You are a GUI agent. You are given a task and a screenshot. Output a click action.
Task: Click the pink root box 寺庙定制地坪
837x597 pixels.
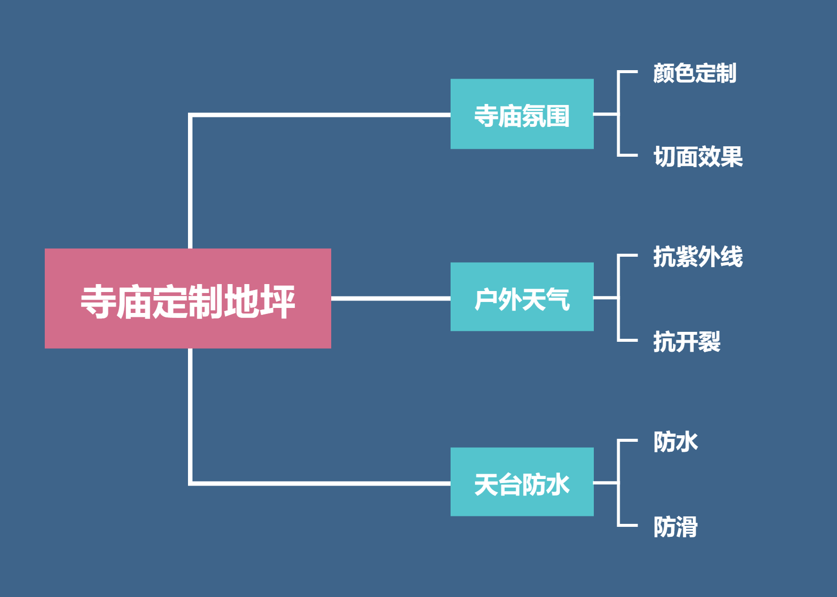[x=188, y=298]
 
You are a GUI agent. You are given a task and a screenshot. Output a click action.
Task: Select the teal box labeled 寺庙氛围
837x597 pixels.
[x=522, y=114]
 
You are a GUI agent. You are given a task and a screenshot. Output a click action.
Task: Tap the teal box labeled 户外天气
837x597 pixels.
[x=522, y=297]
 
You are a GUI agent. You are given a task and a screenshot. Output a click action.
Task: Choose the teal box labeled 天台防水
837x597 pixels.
[x=522, y=482]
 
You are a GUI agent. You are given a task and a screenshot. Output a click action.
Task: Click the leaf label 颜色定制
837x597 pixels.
[x=695, y=73]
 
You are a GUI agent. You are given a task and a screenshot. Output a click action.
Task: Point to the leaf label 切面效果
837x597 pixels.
[x=698, y=157]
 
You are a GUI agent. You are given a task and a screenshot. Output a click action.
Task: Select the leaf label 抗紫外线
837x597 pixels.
[x=698, y=257]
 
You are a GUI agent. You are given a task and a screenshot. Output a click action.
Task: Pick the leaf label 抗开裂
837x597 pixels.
[x=687, y=341]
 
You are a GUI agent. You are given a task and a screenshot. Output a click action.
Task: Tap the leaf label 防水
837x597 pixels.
[x=675, y=442]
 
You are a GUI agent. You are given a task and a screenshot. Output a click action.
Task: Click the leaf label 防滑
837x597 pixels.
[x=675, y=527]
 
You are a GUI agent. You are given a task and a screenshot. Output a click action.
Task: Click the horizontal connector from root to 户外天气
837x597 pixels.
[x=391, y=298]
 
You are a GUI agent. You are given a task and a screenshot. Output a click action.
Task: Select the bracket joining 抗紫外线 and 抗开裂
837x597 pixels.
[x=618, y=298]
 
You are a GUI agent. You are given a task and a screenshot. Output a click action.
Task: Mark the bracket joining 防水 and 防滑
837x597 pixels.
[x=618, y=483]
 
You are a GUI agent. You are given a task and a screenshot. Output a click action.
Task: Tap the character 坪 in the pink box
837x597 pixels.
[x=277, y=301]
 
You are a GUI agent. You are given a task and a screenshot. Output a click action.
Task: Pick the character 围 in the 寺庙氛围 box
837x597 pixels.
[x=558, y=116]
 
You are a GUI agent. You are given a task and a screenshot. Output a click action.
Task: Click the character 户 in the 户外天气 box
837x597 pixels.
[x=486, y=299]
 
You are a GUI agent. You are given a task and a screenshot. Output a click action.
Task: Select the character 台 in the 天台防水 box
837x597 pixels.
[x=510, y=485]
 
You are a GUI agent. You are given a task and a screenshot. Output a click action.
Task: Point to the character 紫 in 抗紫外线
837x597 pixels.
[x=687, y=257]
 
